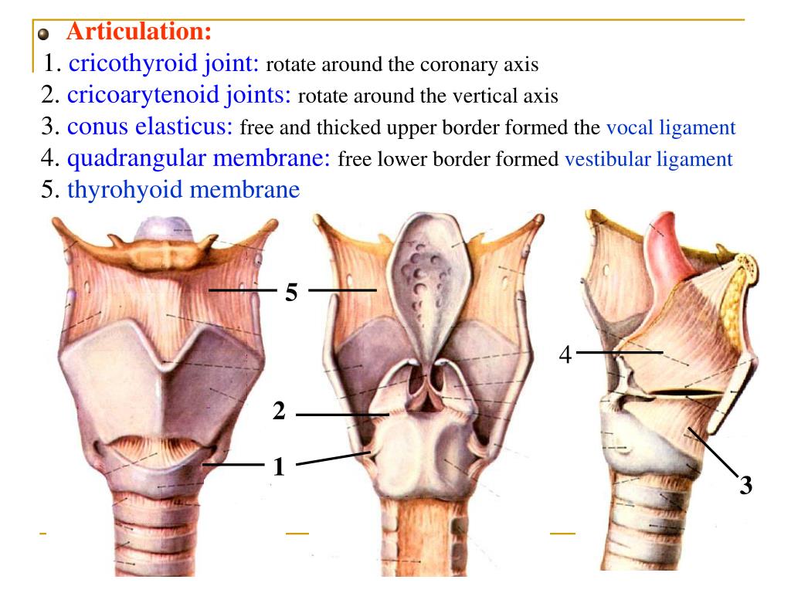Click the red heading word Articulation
pos(139,32)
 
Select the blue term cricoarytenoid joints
pos(179,95)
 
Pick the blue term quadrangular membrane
pos(199,158)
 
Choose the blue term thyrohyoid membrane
pos(183,190)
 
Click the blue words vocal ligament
pos(670,128)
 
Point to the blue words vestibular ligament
pos(648,160)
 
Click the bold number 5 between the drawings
pos(291,293)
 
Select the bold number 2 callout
pos(279,412)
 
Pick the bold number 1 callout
pos(279,466)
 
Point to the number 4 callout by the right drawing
pos(565,354)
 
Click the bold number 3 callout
pos(745,486)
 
